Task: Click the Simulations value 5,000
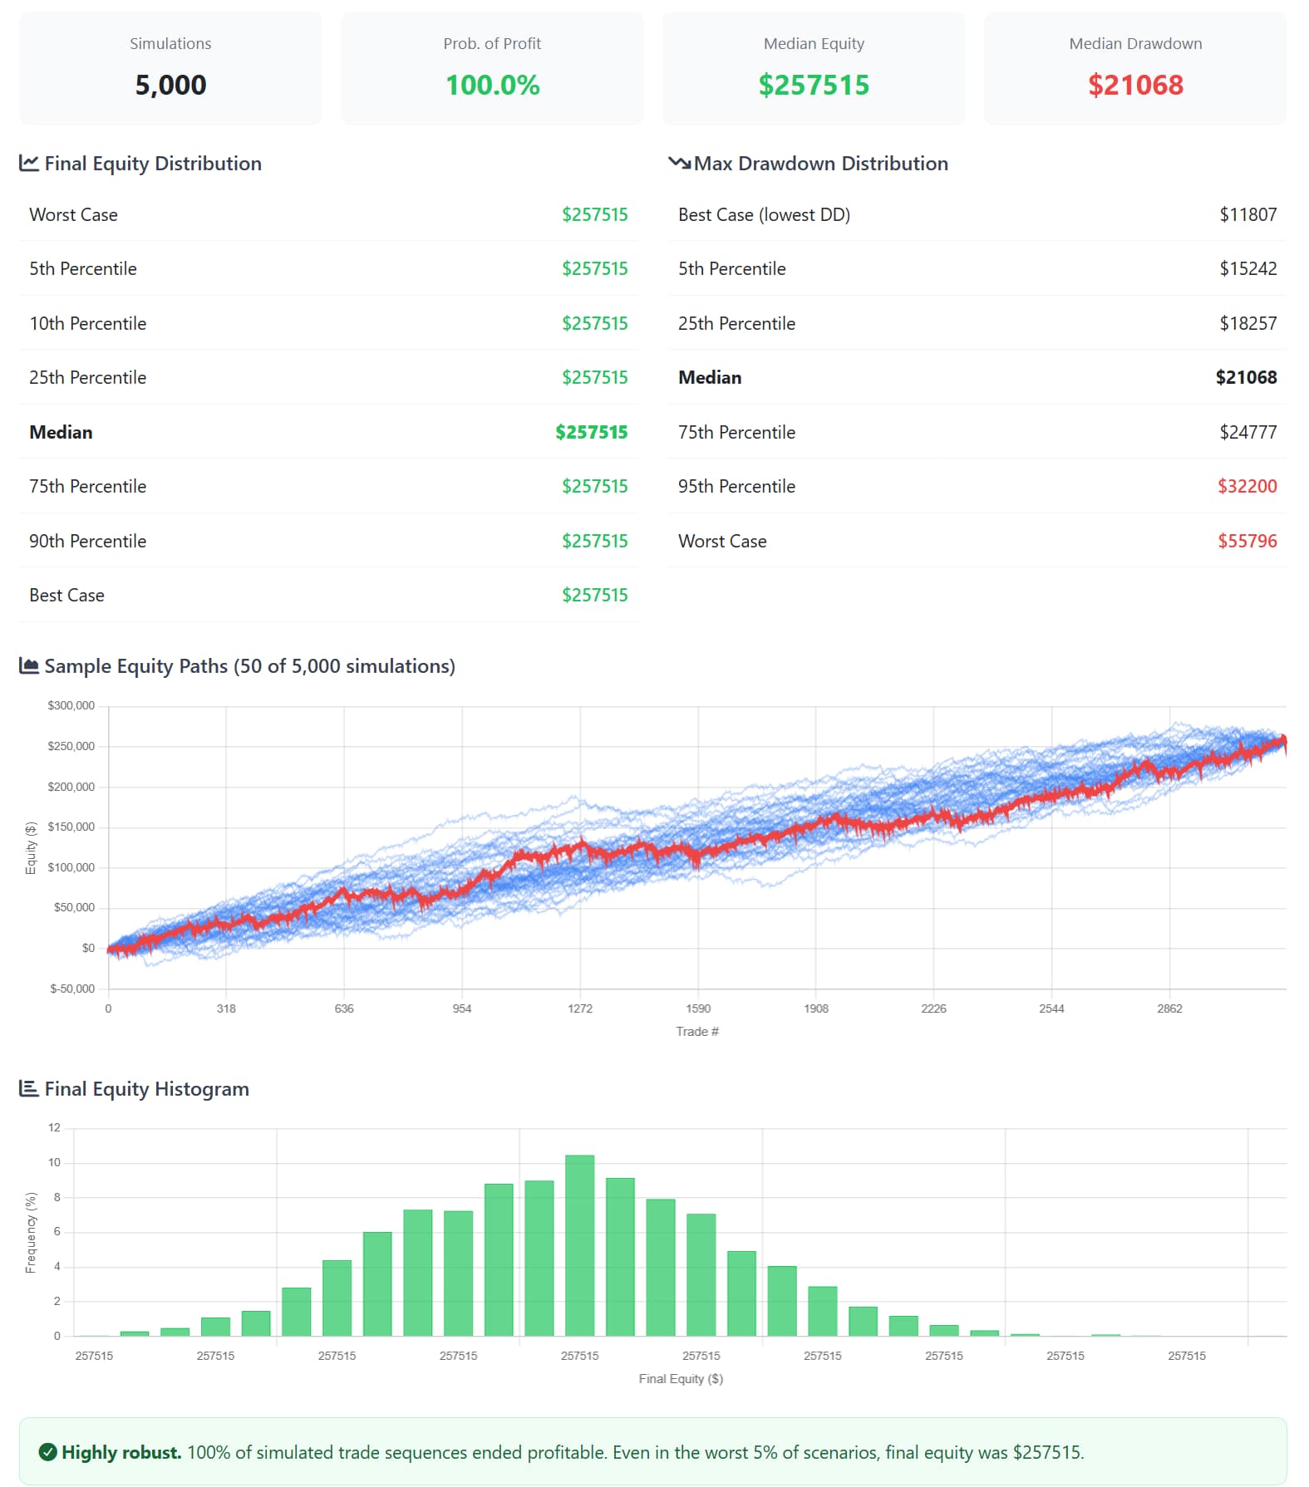point(170,85)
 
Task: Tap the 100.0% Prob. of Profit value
point(492,85)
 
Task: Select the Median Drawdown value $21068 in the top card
point(1134,85)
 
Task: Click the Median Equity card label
point(814,43)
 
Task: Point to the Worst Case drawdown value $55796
point(1247,541)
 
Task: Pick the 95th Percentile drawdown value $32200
point(1247,486)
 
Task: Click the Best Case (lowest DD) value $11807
point(1247,214)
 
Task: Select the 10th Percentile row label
point(87,323)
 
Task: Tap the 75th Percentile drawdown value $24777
point(1247,432)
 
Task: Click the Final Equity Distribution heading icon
point(29,163)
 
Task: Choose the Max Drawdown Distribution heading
point(820,163)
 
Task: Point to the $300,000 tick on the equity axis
point(71,705)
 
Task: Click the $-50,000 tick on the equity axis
point(72,989)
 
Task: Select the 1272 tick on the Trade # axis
point(580,1009)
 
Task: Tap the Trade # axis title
point(697,1031)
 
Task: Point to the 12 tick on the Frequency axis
point(55,1127)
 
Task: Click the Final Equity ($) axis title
point(681,1378)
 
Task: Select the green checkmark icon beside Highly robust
point(48,1451)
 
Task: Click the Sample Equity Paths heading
point(249,665)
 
